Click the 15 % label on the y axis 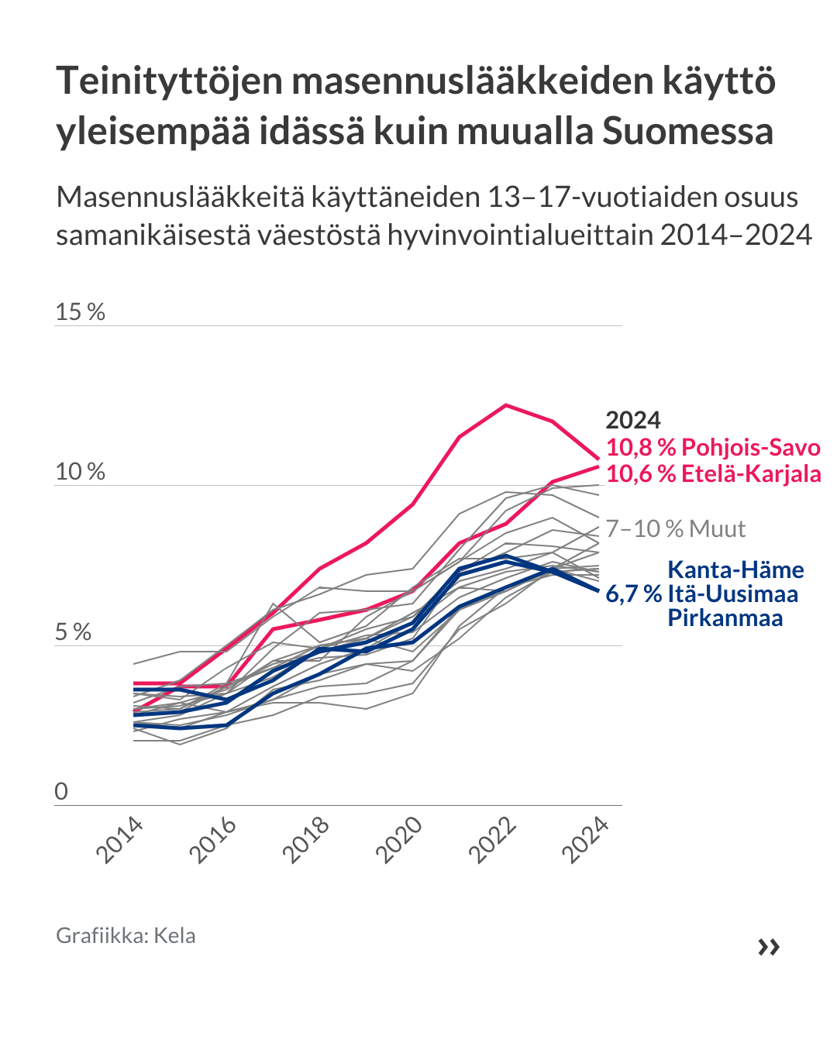(80, 311)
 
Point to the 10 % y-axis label (80, 471)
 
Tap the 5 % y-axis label (73, 631)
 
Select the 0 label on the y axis (61, 791)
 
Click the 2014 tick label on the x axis (120, 840)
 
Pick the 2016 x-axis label (213, 840)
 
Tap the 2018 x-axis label (306, 840)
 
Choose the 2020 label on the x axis (399, 840)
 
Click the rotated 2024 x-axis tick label (585, 840)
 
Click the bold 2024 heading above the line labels (633, 420)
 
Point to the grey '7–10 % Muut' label (676, 528)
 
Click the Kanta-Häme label (735, 569)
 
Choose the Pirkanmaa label (725, 618)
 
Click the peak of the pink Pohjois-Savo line (506, 404)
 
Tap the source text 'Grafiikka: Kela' (126, 935)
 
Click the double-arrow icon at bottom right (769, 946)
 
